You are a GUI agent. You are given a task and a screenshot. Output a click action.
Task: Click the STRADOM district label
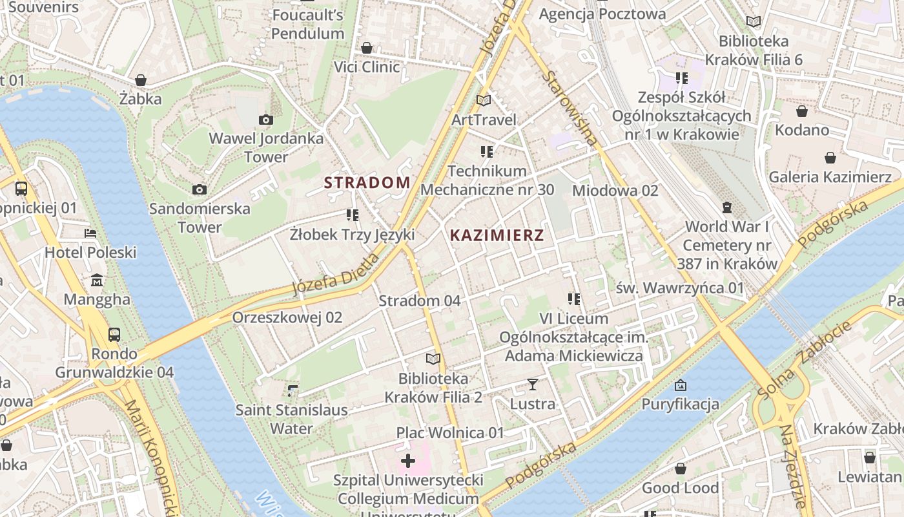point(367,182)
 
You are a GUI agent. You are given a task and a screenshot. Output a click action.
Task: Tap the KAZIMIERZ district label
point(497,235)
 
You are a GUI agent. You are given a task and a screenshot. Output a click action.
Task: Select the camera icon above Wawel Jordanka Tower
point(265,120)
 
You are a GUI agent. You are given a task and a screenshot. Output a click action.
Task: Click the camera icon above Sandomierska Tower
point(200,189)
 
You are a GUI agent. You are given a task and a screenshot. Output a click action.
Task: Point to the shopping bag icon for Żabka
point(141,80)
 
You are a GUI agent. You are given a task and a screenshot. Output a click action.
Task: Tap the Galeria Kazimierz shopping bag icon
point(830,158)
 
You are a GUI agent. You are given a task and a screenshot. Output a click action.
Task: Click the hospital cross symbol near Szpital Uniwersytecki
point(408,461)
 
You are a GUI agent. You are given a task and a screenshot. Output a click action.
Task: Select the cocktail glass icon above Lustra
point(532,385)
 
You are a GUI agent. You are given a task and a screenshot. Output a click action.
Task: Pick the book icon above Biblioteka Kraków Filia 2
point(433,359)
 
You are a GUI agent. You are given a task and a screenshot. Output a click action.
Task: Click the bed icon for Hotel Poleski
point(90,233)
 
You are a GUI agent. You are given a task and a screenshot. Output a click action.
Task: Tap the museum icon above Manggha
point(97,280)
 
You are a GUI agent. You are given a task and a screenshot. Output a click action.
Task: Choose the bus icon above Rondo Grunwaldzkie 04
point(114,334)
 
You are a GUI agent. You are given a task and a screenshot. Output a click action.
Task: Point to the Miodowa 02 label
point(615,190)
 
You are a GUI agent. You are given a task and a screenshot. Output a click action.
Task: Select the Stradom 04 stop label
point(420,301)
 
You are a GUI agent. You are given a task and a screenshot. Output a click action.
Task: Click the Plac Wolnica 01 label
point(450,432)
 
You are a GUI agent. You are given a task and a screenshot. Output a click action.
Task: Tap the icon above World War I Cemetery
point(727,207)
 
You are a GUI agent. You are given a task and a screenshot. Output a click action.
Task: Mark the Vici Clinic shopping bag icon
point(367,48)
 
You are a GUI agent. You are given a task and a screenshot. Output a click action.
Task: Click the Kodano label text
point(802,130)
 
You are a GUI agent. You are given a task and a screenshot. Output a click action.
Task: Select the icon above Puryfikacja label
point(680,386)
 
